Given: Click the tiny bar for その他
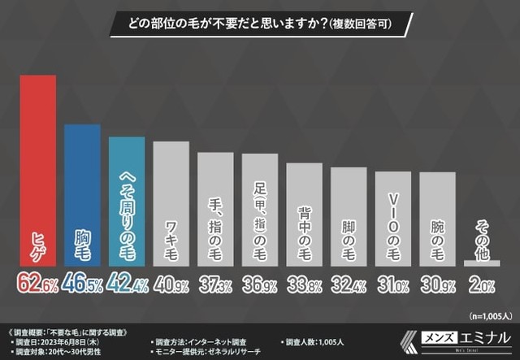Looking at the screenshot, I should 482,262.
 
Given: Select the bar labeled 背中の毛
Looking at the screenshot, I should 304,215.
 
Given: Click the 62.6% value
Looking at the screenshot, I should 37,283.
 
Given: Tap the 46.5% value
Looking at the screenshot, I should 82,283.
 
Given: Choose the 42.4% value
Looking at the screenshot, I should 127,283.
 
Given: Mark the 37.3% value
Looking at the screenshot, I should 215,283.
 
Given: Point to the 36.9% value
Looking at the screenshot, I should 260,283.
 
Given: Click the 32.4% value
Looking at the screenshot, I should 349,283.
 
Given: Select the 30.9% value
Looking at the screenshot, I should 438,283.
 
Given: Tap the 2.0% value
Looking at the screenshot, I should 482,283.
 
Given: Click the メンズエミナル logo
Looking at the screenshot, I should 460,338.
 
